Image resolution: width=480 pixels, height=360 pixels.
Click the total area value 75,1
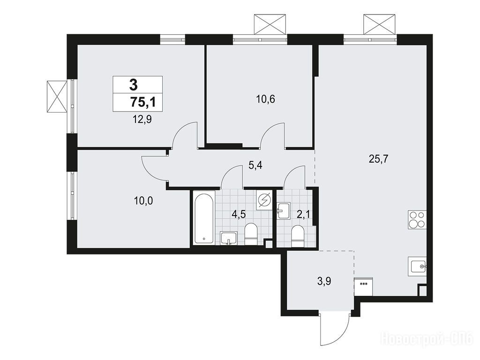point(143,102)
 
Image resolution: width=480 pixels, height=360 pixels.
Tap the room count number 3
point(133,84)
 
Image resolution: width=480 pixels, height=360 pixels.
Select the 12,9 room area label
point(142,119)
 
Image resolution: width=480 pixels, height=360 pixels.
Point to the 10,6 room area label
point(265,99)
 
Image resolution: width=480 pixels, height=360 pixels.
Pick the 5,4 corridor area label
point(256,166)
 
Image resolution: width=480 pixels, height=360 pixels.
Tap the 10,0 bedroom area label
point(143,201)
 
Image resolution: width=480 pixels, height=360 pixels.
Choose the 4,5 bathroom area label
point(239,214)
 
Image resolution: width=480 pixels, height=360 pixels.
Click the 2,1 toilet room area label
point(303,214)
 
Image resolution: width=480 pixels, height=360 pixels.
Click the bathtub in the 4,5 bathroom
point(204,218)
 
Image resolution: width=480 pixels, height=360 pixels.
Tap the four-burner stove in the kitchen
point(417,220)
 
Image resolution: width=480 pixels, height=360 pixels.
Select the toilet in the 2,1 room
point(297,236)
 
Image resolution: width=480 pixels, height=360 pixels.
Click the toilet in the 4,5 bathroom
point(251,234)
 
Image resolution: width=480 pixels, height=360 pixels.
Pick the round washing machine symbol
point(264,201)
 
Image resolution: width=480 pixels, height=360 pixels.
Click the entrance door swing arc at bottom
point(341,336)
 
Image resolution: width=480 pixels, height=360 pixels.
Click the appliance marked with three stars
point(363,286)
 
